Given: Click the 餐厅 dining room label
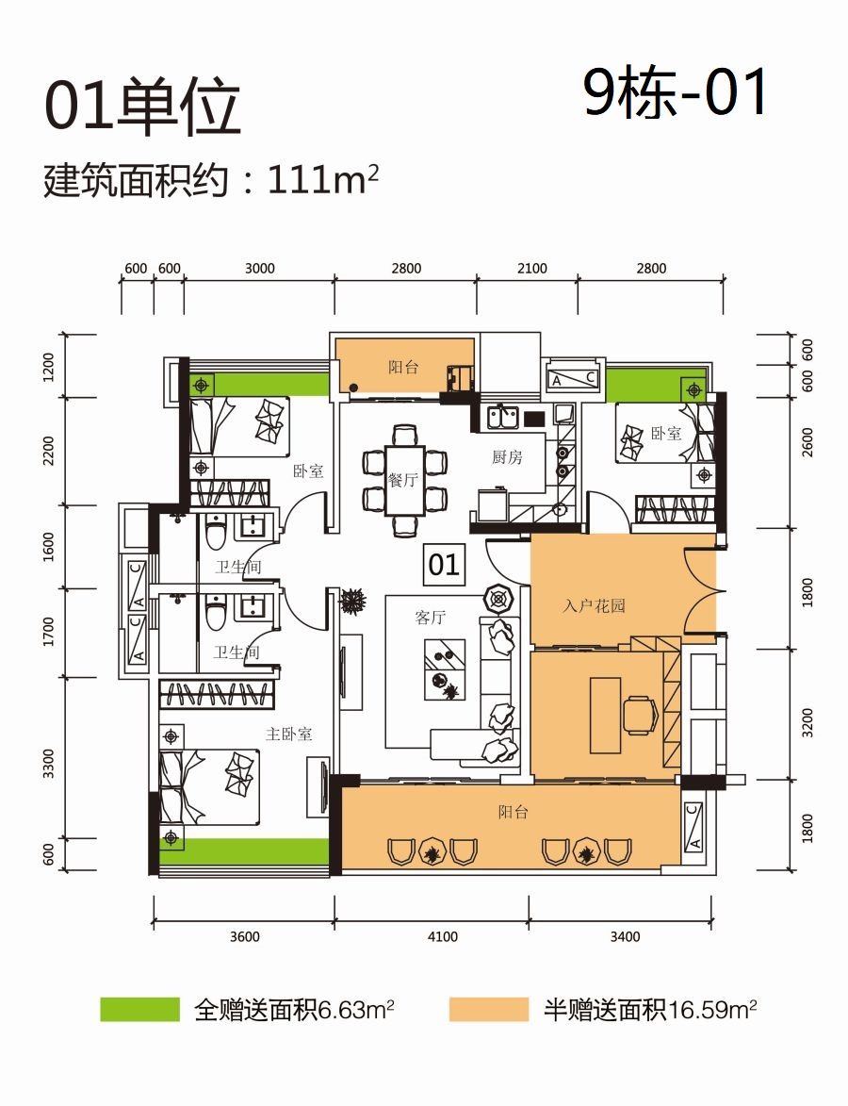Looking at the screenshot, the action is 403,480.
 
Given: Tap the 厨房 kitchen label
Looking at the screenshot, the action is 507,457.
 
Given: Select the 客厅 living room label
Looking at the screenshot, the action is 430,618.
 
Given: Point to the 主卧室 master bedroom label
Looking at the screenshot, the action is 288,735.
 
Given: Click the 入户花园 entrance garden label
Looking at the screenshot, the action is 595,605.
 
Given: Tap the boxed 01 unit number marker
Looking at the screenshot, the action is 444,564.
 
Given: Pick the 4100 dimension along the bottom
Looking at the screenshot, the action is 442,936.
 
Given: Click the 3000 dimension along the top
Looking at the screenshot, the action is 259,268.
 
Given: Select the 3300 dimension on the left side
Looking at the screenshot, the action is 48,763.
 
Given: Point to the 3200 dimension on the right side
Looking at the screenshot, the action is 807,723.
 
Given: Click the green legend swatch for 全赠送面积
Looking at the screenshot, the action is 139,1010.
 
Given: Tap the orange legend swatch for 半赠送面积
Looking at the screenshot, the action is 488,1010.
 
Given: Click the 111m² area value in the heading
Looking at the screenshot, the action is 323,181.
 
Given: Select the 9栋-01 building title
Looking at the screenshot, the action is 676,93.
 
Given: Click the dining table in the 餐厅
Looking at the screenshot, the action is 404,480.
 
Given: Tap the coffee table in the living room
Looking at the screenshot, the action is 445,670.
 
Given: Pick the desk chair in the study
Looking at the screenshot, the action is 642,716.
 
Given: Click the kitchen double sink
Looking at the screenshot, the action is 503,418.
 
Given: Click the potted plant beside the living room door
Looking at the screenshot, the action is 353,602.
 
